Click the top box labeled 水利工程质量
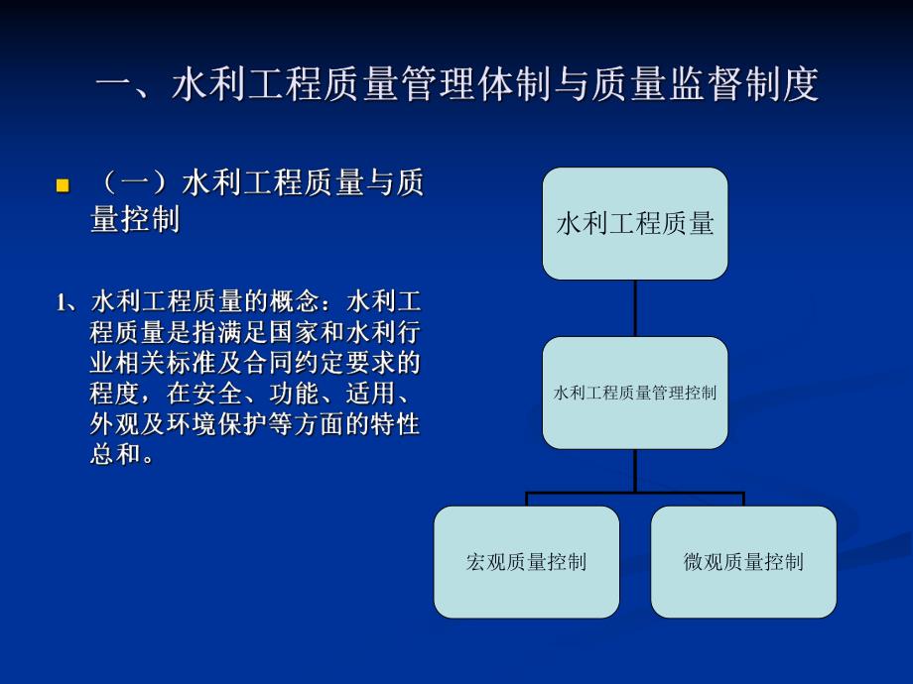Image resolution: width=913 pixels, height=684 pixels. (x=634, y=224)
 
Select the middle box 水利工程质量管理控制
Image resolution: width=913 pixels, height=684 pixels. (x=634, y=393)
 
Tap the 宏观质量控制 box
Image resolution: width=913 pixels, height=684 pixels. (x=526, y=562)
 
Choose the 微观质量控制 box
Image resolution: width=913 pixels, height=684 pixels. (x=743, y=562)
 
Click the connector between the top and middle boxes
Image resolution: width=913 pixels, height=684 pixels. (x=635, y=308)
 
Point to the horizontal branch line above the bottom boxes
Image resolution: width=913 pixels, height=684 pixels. (x=635, y=492)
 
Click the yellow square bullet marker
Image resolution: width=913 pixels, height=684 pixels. (x=63, y=185)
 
